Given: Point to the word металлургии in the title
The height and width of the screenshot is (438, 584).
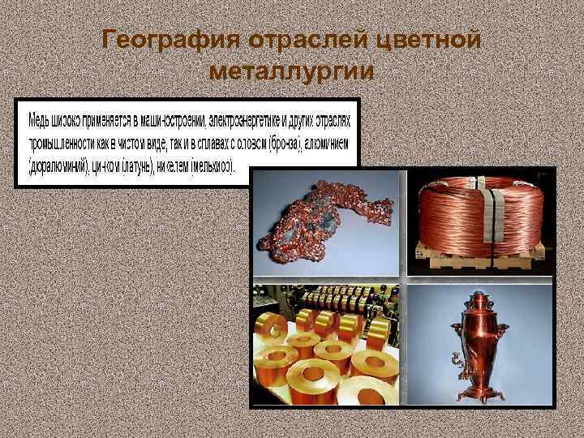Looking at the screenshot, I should tap(291, 71).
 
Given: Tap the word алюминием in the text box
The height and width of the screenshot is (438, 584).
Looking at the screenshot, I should tap(328, 145).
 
